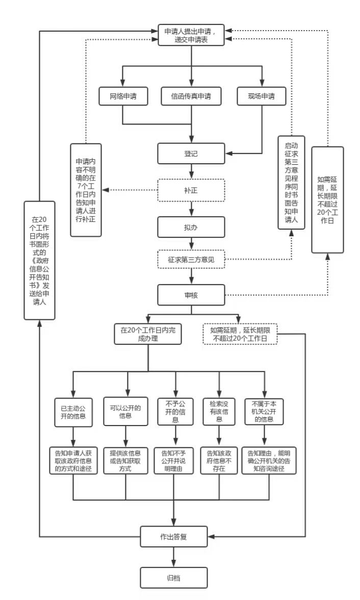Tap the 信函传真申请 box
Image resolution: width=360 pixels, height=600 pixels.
coord(191,96)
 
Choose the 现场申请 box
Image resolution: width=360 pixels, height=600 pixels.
coord(261,96)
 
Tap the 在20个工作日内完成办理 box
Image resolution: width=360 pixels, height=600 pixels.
coord(148,333)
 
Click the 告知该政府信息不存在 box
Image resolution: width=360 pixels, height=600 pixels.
coord(219,460)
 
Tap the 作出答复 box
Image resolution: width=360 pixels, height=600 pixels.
coord(174,536)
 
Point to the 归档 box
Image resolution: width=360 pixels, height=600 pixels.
coord(174,578)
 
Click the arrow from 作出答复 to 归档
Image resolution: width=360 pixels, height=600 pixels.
coord(174,557)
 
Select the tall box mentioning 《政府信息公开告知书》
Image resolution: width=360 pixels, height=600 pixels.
coord(39,260)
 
